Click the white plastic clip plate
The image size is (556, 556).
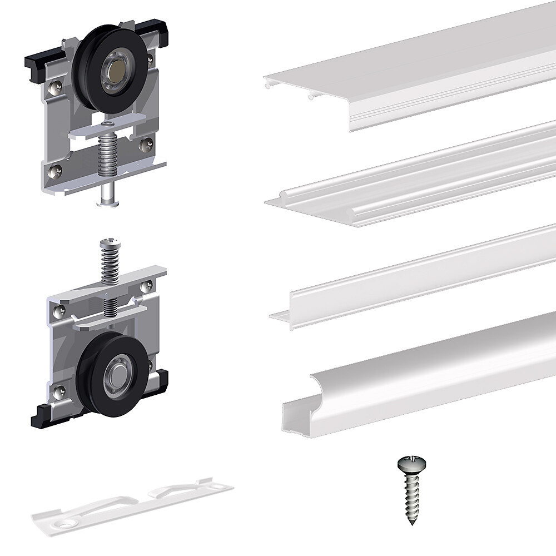point(133,503)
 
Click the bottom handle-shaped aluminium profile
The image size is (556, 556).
point(423,378)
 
